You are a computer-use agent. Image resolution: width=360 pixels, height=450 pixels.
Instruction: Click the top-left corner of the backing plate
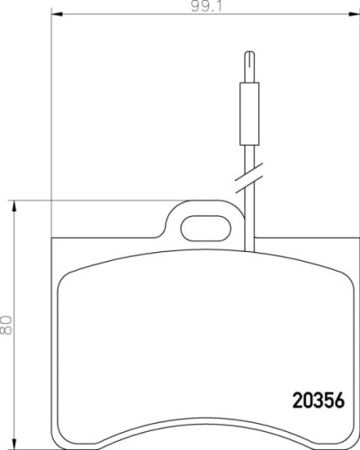pyautogui.click(x=54, y=237)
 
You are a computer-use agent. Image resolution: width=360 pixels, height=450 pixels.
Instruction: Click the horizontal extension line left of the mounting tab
pyautogui.click(x=90, y=199)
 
